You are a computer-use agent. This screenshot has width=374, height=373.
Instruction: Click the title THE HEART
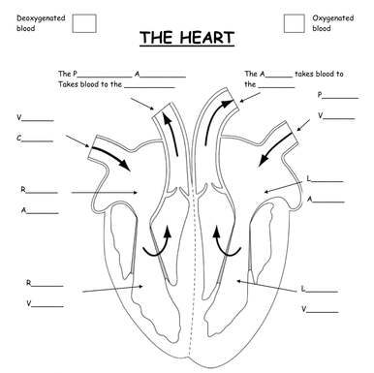[x=186, y=39]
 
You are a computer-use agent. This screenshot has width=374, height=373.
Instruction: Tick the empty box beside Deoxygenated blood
[x=84, y=23]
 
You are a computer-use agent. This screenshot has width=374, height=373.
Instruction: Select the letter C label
[x=19, y=138]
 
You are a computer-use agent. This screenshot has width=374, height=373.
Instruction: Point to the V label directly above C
[x=19, y=117]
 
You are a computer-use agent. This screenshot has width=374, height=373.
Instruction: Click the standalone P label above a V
[x=320, y=96]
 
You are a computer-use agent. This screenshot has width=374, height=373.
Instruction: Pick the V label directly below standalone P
[x=320, y=115]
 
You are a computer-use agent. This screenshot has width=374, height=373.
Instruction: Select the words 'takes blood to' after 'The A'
[x=319, y=74]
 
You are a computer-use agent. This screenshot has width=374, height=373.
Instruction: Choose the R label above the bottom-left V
[x=29, y=284]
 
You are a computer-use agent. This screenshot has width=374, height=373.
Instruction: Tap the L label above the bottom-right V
[x=303, y=289]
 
